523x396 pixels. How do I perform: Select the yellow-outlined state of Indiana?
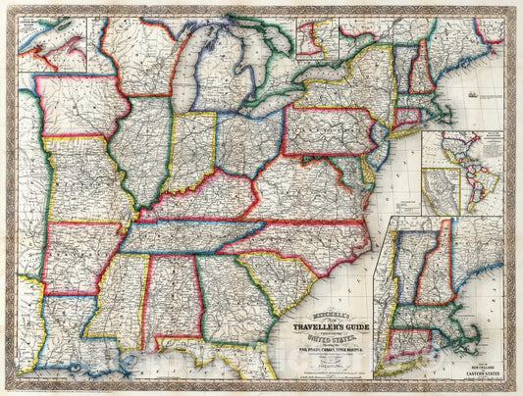point(191,152)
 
